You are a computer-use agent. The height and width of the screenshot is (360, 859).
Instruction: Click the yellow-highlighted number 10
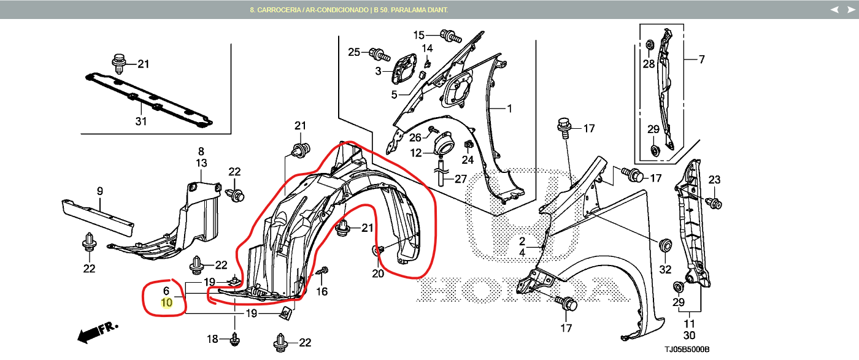[x=166, y=302]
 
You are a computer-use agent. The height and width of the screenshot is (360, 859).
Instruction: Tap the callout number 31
[x=141, y=121]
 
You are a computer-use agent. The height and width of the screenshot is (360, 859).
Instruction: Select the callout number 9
[x=99, y=191]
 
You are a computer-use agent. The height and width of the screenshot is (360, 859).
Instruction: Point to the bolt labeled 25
[x=380, y=55]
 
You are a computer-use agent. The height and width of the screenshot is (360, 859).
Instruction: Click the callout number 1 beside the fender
[x=509, y=109]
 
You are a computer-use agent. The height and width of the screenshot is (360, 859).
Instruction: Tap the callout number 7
[x=701, y=59]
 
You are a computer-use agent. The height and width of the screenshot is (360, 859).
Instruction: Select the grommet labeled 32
[x=665, y=245]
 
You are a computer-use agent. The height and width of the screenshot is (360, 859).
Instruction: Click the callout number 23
[x=714, y=180]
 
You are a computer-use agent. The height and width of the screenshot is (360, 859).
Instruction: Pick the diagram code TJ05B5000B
[x=687, y=349]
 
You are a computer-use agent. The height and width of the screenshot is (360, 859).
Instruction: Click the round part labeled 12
[x=444, y=144]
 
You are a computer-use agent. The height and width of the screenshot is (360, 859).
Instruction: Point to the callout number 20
[x=378, y=274]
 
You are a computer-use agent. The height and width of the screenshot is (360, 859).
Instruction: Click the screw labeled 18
[x=234, y=340]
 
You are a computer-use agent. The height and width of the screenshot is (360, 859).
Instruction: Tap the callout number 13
[x=201, y=163]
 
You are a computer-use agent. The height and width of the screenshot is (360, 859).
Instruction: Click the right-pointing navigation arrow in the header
[x=850, y=10]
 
